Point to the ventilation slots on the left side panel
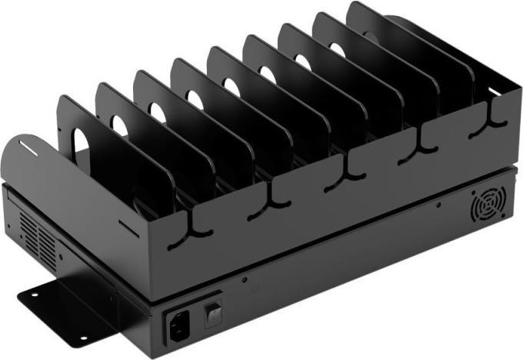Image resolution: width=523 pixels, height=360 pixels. [36, 235]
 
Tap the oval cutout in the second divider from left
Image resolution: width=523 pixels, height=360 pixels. [119, 125]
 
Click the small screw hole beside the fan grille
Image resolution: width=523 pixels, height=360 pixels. [438, 205]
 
